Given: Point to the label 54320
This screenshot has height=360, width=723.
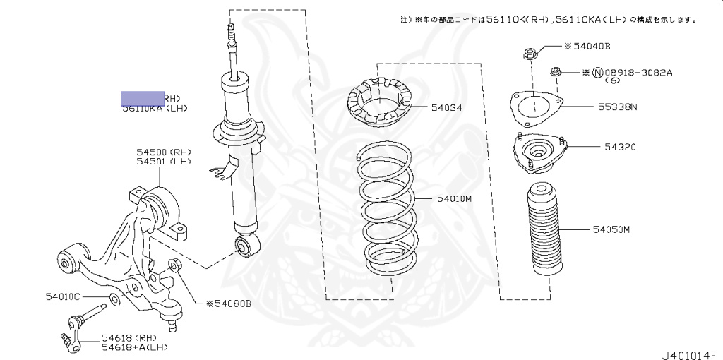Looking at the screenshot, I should [x=620, y=148].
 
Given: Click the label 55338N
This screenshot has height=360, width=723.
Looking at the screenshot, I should [x=618, y=107].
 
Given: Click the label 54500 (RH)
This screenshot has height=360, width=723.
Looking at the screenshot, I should [x=164, y=152].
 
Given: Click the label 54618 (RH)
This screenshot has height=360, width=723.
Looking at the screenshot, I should [x=128, y=337].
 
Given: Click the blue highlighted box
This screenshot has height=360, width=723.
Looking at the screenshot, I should [x=142, y=99].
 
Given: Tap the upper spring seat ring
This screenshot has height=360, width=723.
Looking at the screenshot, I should [x=381, y=104].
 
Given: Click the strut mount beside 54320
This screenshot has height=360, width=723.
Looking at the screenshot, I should [x=538, y=153].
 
